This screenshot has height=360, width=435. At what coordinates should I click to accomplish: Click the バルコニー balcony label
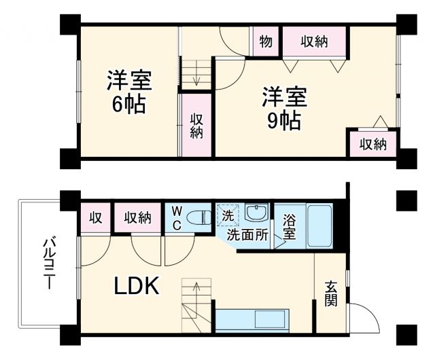coord(49,265)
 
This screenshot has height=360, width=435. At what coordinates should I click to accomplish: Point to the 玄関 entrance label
coord(330,293)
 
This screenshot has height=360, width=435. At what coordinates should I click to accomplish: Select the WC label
coord(175,219)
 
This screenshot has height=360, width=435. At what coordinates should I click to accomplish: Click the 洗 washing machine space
coord(227,215)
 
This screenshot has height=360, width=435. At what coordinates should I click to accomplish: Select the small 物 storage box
coord(266,41)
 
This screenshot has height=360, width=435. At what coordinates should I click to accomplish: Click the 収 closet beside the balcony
coord(95,218)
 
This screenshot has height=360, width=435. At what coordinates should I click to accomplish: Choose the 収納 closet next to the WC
coord(137,218)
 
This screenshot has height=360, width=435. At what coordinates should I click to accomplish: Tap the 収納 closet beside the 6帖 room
coord(196,126)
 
